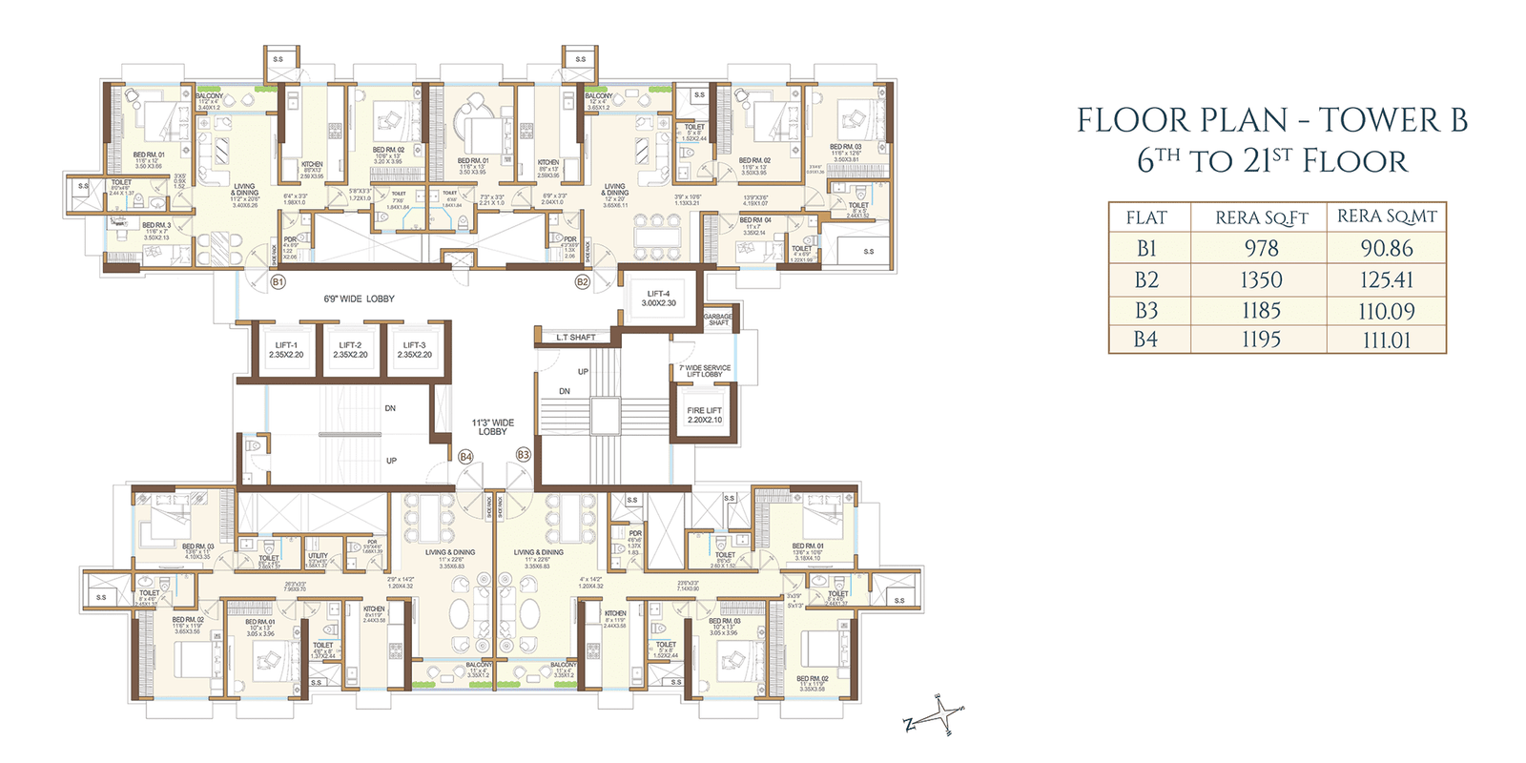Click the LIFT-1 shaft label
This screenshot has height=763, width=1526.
286,350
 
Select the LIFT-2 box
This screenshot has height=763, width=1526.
350,350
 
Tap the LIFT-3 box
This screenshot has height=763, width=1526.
414,350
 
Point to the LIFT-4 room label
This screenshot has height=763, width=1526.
658,299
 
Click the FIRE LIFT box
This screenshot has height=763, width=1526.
705,415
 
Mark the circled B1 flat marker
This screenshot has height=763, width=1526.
278,282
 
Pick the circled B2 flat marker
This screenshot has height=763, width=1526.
582,282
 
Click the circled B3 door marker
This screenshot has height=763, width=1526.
523,455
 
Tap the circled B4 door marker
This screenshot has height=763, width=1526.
465,457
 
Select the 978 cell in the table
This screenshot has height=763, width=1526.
1261,249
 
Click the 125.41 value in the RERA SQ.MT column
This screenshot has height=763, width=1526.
1386,280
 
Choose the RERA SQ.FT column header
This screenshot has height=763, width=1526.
1261,218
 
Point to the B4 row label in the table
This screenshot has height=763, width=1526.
1146,340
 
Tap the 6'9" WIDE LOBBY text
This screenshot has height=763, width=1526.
359,299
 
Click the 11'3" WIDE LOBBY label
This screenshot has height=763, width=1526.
492,427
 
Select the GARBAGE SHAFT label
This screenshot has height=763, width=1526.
718,320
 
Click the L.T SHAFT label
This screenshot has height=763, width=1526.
576,338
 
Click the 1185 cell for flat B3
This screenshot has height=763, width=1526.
1261,311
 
